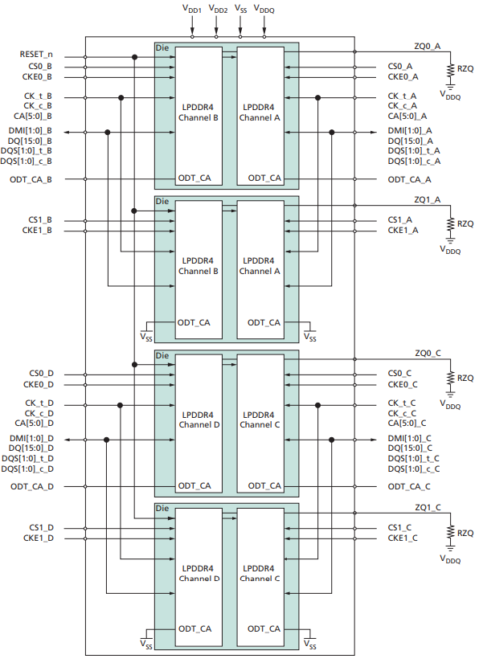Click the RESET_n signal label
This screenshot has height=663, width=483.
tap(36, 55)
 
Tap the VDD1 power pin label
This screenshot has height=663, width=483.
tap(193, 9)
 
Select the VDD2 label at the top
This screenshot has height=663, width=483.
tap(218, 9)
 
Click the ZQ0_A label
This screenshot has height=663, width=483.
tap(428, 47)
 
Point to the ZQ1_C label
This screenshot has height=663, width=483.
tap(428, 507)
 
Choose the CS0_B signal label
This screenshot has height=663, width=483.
tap(39, 67)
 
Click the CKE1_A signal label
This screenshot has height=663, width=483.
tap(403, 231)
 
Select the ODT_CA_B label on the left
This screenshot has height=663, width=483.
tap(31, 179)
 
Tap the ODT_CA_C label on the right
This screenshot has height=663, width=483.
tap(409, 486)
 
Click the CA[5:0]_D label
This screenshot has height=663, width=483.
tap(33, 423)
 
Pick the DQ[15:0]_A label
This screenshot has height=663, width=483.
tap(410, 141)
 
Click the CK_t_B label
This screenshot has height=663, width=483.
tap(39, 96)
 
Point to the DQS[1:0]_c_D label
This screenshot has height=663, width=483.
tap(27, 469)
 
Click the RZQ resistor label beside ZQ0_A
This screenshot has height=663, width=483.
tap(465, 69)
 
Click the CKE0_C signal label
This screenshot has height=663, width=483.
tap(403, 384)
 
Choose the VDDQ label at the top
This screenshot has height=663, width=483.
tap(264, 9)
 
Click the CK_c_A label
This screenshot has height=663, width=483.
tap(402, 106)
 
